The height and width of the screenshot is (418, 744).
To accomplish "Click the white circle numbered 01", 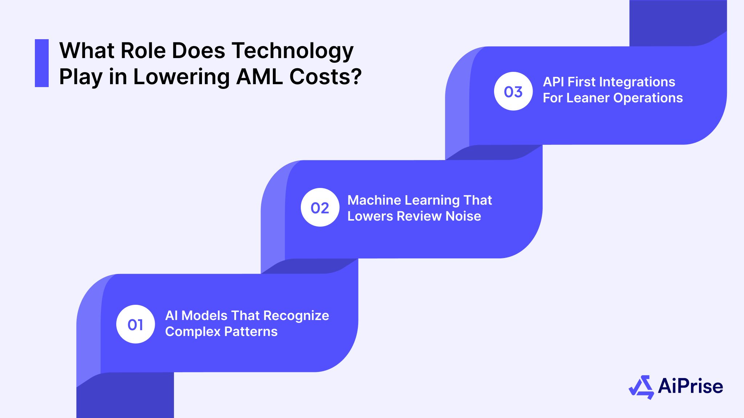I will point(136,324).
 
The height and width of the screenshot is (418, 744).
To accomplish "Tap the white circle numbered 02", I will point(320,208).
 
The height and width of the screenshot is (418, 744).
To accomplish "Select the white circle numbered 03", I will point(513,91).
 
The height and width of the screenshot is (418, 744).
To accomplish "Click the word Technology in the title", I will point(292,51).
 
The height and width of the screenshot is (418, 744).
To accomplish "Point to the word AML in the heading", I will point(259,77).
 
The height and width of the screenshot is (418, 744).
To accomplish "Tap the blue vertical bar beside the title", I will point(42,63).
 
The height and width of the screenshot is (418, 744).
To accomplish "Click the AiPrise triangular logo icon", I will point(641,387).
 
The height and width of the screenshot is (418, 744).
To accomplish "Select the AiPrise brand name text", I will point(690,386).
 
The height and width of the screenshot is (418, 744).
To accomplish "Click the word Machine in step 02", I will point(374,200).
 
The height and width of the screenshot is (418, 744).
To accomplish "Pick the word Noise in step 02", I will point(463,216).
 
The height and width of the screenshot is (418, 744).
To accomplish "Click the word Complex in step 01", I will point(193,332).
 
